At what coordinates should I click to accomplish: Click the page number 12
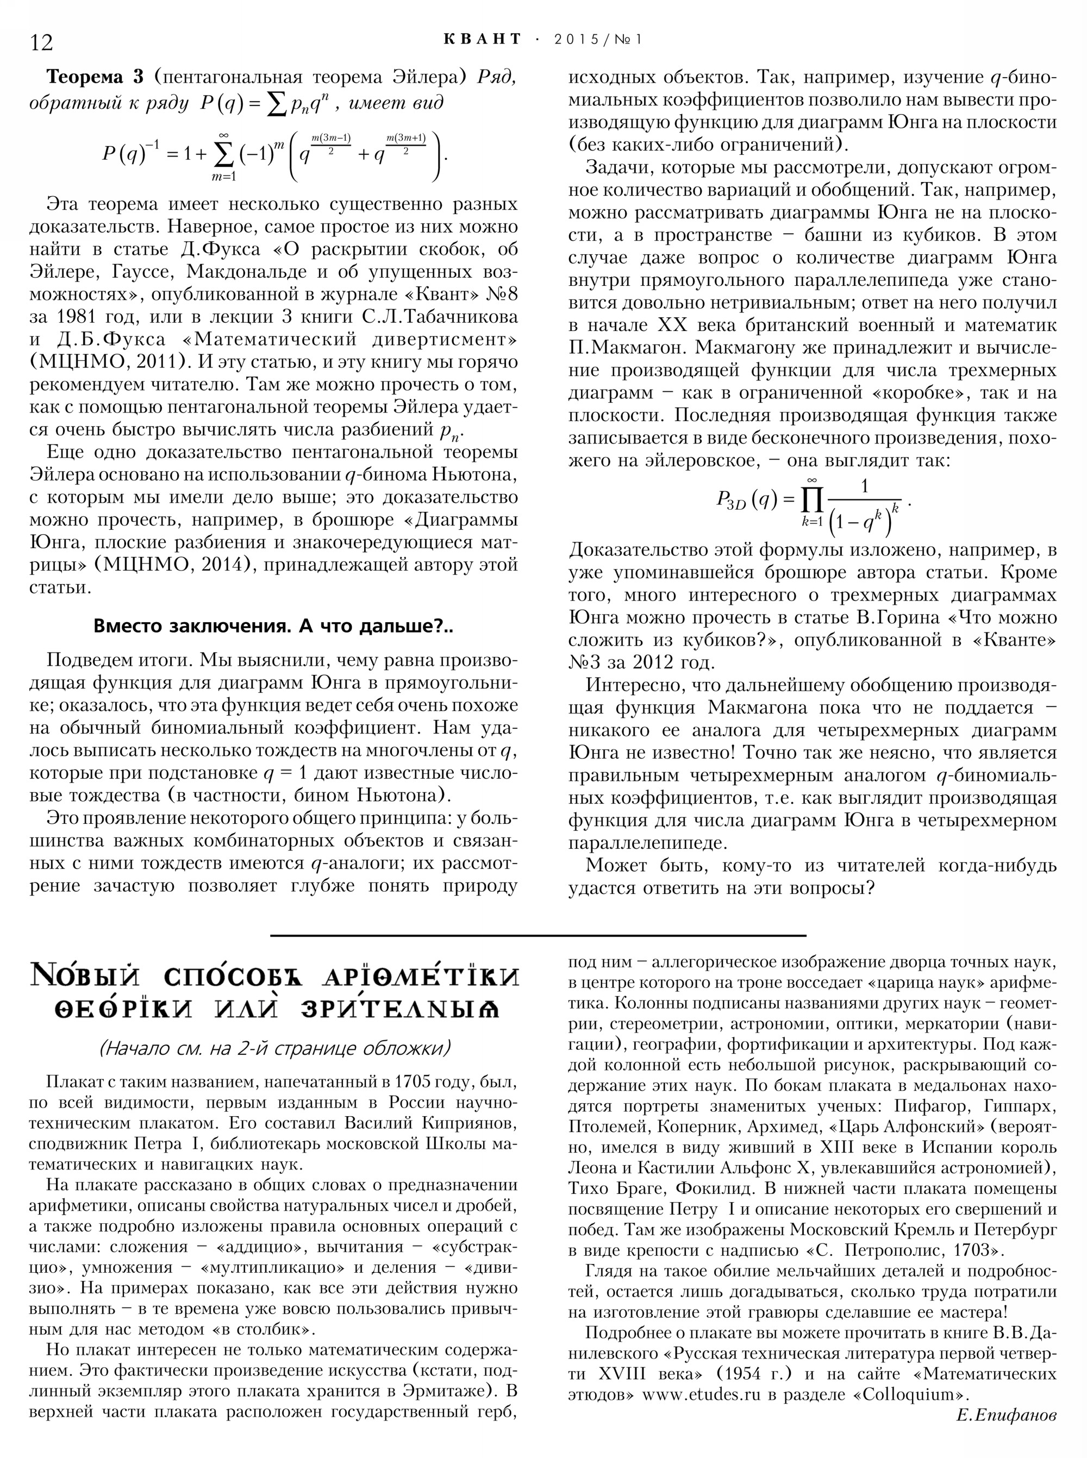[41, 42]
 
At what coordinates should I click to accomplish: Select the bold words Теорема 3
[96, 77]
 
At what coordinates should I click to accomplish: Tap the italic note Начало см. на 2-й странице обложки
[274, 1047]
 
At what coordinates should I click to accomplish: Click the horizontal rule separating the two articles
[538, 935]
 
